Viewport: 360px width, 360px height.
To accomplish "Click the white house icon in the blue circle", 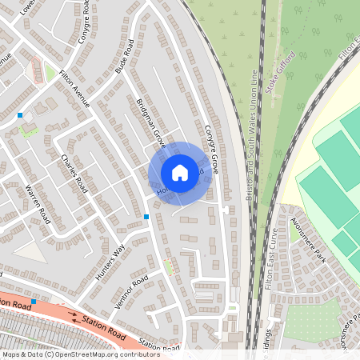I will tap(180, 173).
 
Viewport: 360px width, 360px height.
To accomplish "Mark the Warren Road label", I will tap(38, 203).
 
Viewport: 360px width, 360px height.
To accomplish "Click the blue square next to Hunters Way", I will tap(146, 217).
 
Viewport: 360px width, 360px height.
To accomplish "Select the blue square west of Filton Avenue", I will tap(20, 116).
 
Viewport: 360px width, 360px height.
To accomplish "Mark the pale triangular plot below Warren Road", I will tap(29, 251).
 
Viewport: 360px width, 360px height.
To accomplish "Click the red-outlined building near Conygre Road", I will tap(35, 71).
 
